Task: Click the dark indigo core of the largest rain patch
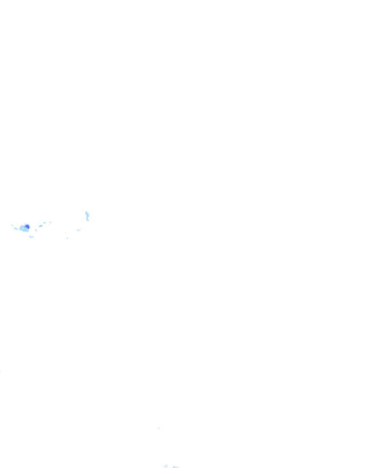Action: (x=27, y=227)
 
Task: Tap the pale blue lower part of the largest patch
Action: (x=25, y=230)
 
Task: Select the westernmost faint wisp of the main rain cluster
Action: (x=12, y=225)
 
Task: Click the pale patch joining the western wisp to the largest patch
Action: (x=16, y=229)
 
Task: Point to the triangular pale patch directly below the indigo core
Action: (x=31, y=237)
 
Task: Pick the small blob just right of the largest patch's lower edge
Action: (x=36, y=230)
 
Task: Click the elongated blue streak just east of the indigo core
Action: (x=41, y=226)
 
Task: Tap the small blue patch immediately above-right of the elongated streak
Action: (x=45, y=223)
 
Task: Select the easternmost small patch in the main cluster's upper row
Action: (x=50, y=222)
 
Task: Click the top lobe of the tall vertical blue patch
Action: (x=87, y=213)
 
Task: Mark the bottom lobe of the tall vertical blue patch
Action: (x=88, y=219)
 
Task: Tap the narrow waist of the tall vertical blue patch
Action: (x=87, y=216)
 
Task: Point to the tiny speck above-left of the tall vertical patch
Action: (x=83, y=210)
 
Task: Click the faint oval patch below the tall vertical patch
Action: (x=79, y=230)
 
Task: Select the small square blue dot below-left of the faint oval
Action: (x=67, y=238)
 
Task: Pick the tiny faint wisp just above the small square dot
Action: (x=65, y=233)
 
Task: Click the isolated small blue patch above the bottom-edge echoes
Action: (x=159, y=428)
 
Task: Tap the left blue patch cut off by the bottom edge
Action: (x=165, y=466)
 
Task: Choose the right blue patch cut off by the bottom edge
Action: (x=176, y=467)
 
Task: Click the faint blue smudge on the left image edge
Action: (x=1, y=371)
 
